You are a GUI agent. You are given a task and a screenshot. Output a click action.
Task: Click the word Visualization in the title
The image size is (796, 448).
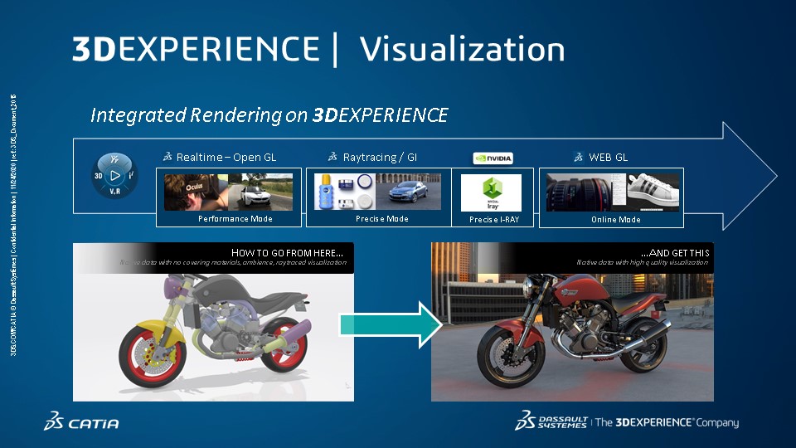coord(462,49)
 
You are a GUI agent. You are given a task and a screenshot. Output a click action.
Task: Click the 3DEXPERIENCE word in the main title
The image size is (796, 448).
coord(195,49)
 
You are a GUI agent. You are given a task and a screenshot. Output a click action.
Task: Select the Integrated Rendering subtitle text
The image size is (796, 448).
coord(269,114)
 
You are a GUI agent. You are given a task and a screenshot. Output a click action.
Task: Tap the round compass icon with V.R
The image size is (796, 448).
coord(114,176)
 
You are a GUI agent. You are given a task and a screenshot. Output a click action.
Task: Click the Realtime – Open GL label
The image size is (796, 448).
coord(226,157)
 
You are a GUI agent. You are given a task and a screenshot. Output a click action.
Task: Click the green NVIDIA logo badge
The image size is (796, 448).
coord(493,158)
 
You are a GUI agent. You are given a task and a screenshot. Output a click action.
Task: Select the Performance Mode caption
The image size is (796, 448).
coord(235,219)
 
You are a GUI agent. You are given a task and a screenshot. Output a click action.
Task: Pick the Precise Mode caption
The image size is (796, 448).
coord(381,219)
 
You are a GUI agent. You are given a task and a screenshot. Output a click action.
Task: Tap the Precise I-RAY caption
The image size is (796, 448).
coord(493,219)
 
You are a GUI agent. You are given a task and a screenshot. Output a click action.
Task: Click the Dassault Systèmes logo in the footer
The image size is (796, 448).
coord(551,421)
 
